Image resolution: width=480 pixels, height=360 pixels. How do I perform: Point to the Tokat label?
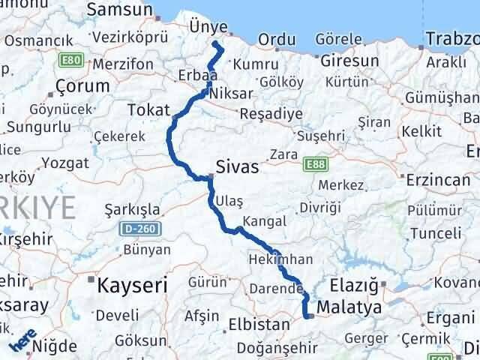click(148, 109)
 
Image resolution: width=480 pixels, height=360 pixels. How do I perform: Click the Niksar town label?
click(230, 94)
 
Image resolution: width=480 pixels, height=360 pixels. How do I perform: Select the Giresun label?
click(348, 59)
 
